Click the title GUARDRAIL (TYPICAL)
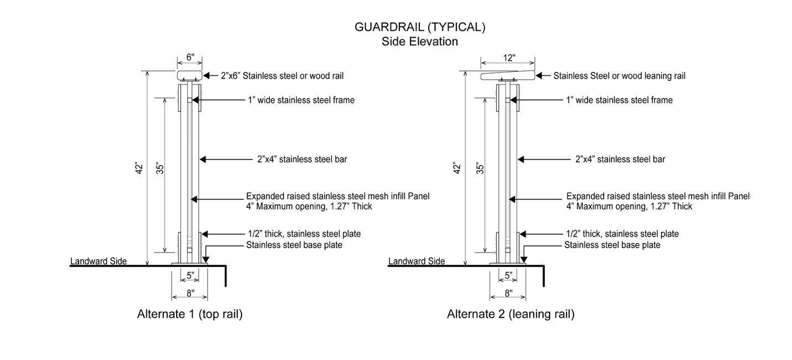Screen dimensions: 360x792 coord(419,27)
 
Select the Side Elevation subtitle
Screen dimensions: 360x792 coord(419,42)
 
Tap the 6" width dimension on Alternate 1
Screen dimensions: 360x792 coord(189,56)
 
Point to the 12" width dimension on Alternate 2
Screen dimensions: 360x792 coord(508,57)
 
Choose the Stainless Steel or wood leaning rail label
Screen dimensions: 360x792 coord(619,75)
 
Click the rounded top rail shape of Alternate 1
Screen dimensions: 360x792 coord(189,75)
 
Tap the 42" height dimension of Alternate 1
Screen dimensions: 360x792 coord(139,168)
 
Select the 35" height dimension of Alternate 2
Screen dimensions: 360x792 coord(480,168)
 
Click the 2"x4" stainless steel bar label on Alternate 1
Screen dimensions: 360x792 coord(302,160)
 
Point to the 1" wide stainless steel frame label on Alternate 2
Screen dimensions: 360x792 coord(619,100)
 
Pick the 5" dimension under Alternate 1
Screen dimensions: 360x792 coord(190,275)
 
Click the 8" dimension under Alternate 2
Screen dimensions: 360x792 coord(508,293)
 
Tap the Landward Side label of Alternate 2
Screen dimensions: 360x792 coord(416,261)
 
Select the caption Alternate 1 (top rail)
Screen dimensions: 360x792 coord(190,314)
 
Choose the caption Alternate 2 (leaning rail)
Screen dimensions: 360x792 coord(511,314)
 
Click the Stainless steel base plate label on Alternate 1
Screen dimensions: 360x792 coord(294,245)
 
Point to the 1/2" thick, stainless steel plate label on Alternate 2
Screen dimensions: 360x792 coord(622,234)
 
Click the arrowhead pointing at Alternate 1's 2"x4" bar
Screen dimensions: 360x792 coord(203,160)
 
